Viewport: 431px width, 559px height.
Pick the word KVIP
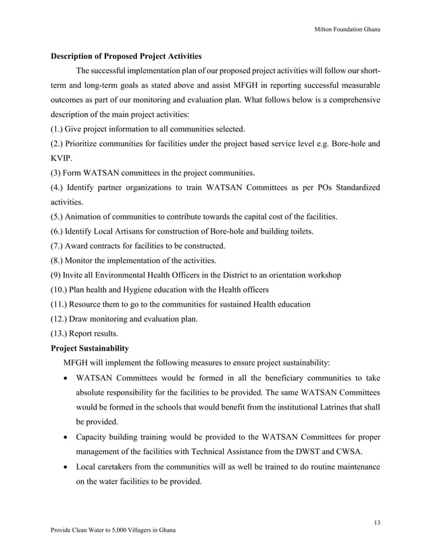[x=62, y=158]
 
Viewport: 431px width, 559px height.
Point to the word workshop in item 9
[x=324, y=275]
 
